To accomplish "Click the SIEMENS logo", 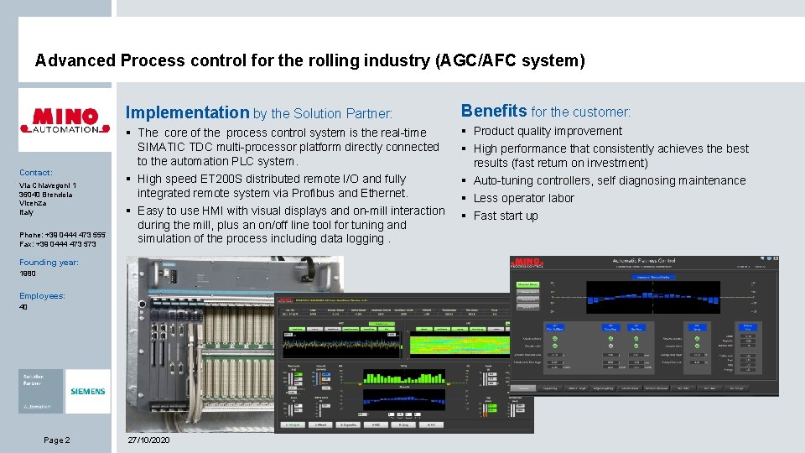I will [87, 392].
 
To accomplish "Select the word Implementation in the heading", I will [187, 112].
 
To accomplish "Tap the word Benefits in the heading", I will [494, 111].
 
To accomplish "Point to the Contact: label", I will [36, 172].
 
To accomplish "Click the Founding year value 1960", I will [28, 273].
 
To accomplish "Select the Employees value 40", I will [23, 307].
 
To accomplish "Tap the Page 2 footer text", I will [57, 440].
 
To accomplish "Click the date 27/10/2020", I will [148, 440].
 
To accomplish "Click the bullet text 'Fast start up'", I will [506, 216].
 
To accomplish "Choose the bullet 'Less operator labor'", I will [523, 198].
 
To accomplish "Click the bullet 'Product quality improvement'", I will [548, 131].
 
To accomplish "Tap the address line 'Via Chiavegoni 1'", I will [48, 185].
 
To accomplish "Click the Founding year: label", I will [49, 263].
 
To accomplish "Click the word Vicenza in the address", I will [33, 204].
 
